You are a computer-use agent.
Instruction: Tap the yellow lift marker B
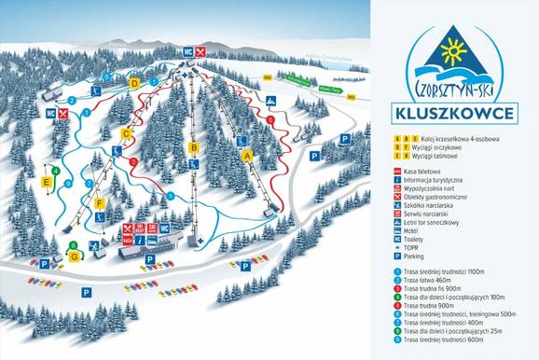pos(193,146)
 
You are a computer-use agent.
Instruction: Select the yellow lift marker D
pos(135,83)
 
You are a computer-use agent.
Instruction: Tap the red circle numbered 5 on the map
pos(270,119)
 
